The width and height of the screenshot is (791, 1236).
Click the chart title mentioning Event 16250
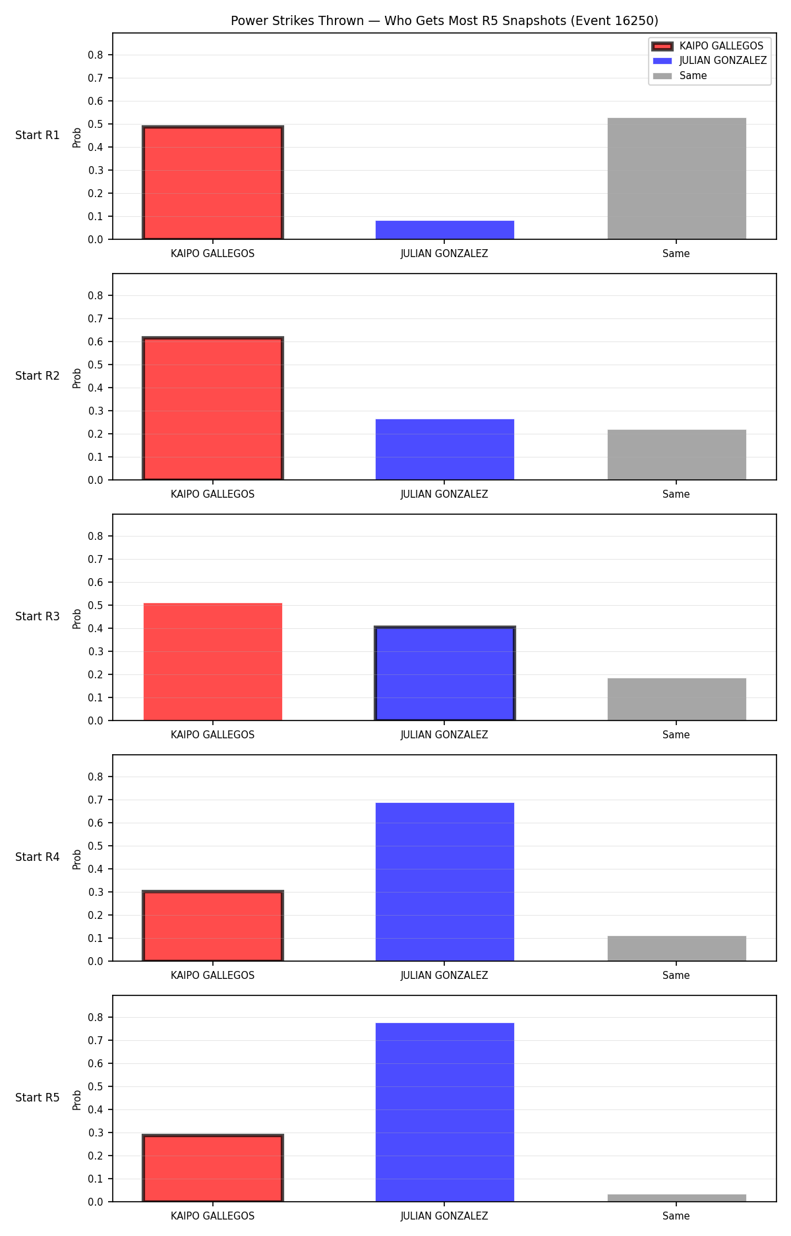tap(444, 21)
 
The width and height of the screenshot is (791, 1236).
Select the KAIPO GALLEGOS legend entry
tap(708, 46)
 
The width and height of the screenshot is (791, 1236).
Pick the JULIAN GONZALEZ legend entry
tap(709, 61)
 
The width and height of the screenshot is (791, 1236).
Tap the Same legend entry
tap(680, 76)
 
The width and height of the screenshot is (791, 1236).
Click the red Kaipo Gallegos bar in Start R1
tap(213, 183)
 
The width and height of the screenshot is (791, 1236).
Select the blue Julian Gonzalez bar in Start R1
tap(445, 230)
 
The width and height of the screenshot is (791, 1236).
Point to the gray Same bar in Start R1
tap(677, 179)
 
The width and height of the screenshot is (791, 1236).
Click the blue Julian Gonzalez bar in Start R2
tap(445, 450)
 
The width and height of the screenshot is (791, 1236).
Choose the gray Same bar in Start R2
tap(677, 455)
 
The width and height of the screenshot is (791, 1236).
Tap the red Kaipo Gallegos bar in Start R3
tap(213, 662)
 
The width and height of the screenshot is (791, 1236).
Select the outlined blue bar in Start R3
tap(445, 674)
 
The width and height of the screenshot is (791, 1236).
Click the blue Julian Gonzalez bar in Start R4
tap(445, 882)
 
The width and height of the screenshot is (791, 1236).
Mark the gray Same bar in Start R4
tap(677, 949)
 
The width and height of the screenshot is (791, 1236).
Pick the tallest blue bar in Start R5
tap(445, 1112)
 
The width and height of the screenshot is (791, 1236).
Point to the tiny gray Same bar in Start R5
tap(677, 1198)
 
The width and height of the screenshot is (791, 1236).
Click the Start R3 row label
tap(38, 616)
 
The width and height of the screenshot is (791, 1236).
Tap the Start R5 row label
tap(38, 1098)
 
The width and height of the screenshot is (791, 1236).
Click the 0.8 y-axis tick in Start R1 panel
tap(96, 55)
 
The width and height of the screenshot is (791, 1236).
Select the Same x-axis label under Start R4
tap(676, 975)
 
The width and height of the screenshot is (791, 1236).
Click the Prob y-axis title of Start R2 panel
tap(77, 378)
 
